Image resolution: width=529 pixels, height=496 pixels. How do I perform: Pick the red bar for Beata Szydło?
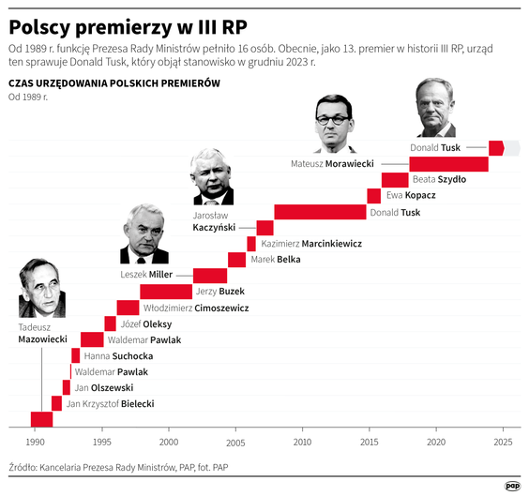(x=395, y=180)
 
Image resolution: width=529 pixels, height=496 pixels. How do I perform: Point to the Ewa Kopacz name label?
(x=411, y=196)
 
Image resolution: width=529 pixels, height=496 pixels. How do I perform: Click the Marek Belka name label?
(x=276, y=259)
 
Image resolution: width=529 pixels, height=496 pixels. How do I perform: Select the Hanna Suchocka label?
(x=118, y=356)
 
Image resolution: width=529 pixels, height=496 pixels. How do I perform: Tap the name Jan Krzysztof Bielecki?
(x=110, y=404)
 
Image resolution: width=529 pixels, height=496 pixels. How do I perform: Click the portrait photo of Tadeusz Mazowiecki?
(x=41, y=288)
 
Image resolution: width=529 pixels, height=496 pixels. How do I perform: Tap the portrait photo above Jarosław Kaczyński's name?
(x=213, y=176)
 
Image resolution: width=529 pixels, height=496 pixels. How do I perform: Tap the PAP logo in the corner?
(x=512, y=485)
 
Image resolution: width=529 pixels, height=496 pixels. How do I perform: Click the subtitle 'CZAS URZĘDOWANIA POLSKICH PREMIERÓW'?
(x=113, y=84)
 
